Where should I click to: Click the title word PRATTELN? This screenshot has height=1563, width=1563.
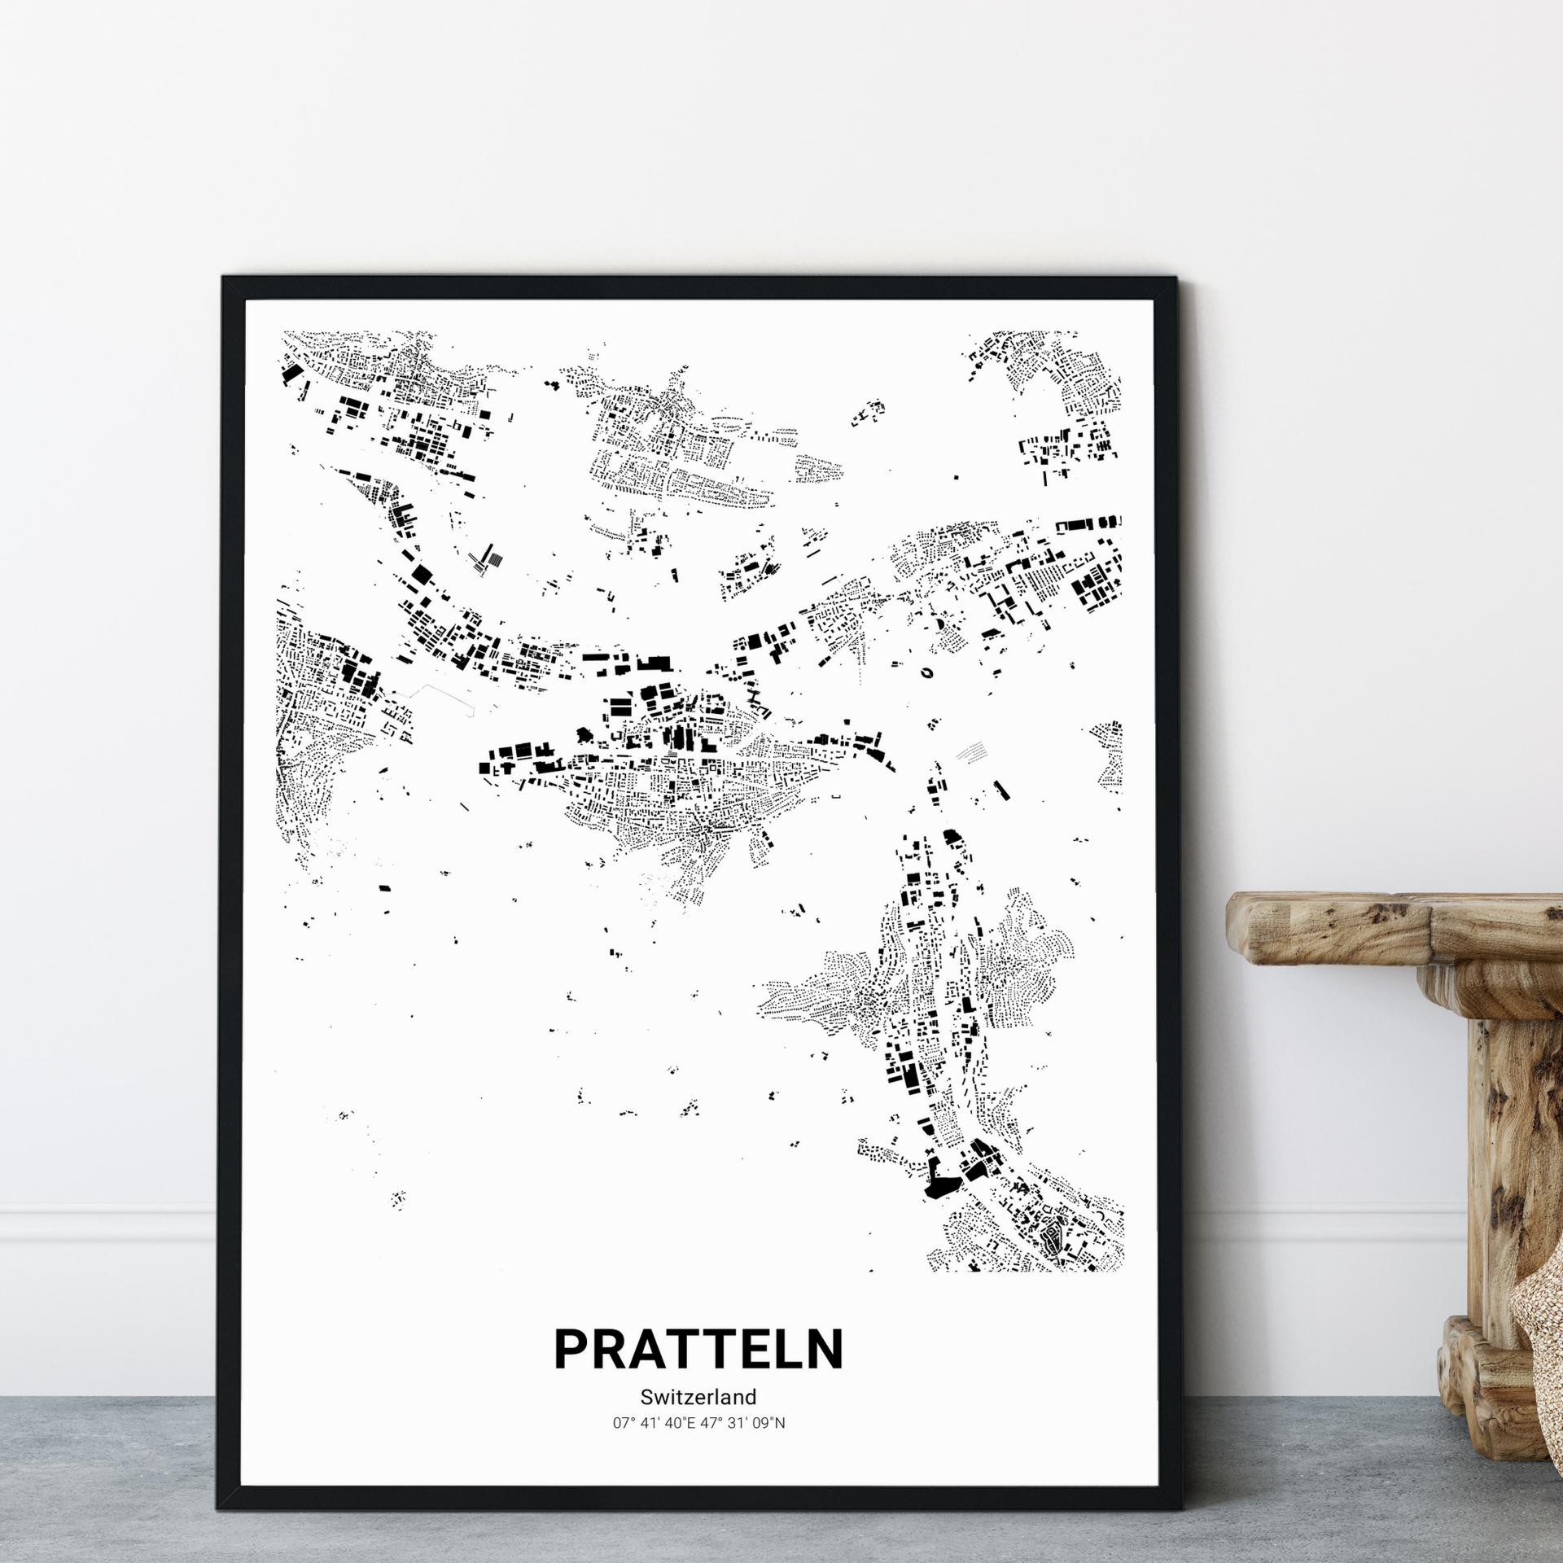tap(698, 1349)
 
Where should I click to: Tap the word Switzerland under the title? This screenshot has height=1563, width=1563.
tap(698, 1398)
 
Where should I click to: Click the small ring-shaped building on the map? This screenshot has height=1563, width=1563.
tap(928, 672)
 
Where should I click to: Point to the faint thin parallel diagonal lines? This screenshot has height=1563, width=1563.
tap(974, 751)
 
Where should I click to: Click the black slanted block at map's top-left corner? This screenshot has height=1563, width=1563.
tap(290, 374)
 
